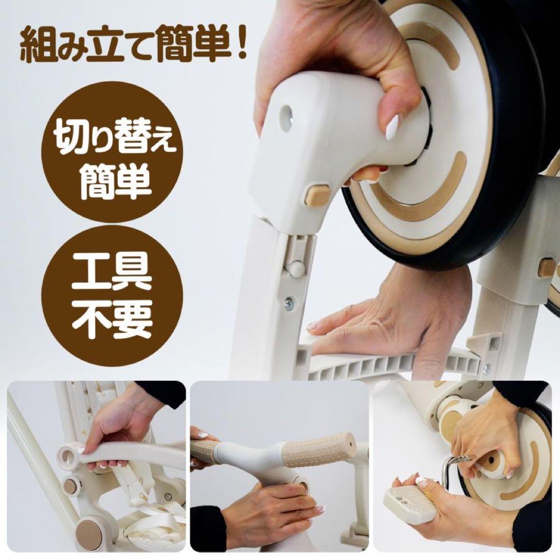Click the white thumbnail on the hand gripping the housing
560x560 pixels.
point(392,128)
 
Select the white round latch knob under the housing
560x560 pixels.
point(295,268)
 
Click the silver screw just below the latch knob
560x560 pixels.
point(289,303)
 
